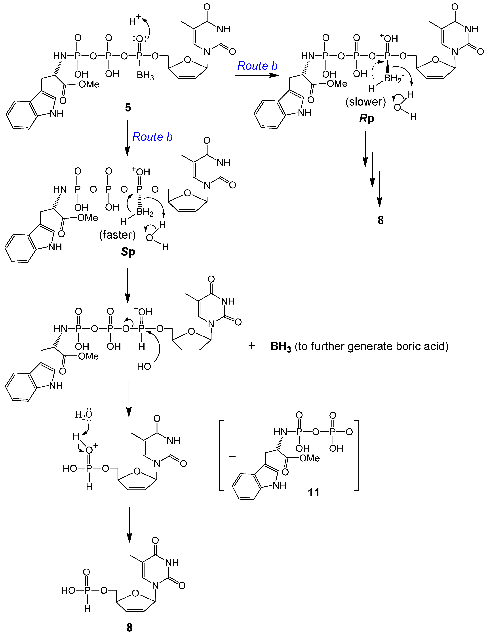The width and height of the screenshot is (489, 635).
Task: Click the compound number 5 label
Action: (x=128, y=108)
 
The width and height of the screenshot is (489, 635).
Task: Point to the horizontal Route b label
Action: (x=257, y=66)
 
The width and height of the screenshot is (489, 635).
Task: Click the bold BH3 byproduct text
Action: (x=281, y=347)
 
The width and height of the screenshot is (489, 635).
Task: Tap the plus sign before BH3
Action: (x=252, y=346)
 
